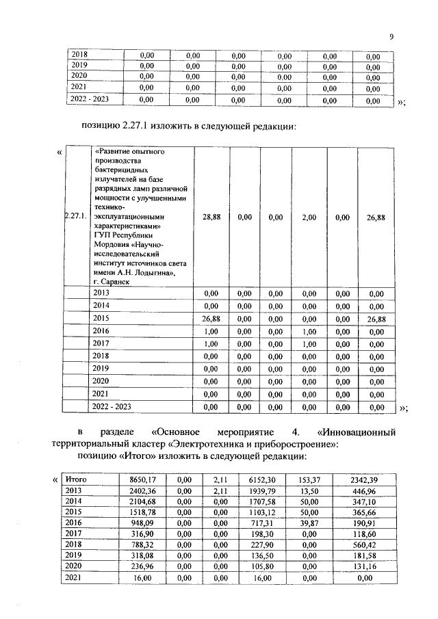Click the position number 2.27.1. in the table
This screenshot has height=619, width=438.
click(x=75, y=217)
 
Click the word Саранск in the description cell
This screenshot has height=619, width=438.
click(x=116, y=280)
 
